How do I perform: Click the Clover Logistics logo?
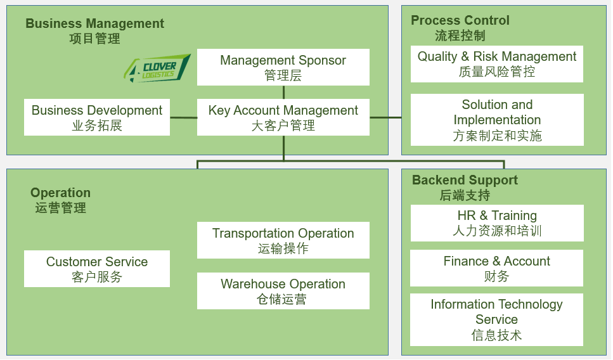click(x=157, y=68)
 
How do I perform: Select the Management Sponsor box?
click(x=283, y=67)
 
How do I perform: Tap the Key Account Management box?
click(x=283, y=117)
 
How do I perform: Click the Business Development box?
click(x=97, y=117)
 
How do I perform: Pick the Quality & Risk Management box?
click(x=497, y=64)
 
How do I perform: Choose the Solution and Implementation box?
click(x=497, y=120)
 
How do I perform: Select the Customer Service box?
click(x=97, y=269)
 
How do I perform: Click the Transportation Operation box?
click(x=283, y=240)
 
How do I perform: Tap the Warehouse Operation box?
click(x=283, y=291)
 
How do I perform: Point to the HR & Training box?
click(x=497, y=223)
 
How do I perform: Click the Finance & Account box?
click(x=496, y=268)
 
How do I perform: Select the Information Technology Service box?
click(x=496, y=319)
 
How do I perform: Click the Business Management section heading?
click(x=94, y=31)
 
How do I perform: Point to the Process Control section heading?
click(x=460, y=28)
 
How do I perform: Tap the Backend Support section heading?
click(x=465, y=187)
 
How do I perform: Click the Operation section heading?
click(x=61, y=200)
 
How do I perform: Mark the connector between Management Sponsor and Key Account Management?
click(x=283, y=93)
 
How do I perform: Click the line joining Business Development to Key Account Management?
click(x=183, y=117)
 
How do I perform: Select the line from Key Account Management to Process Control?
click(x=385, y=117)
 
